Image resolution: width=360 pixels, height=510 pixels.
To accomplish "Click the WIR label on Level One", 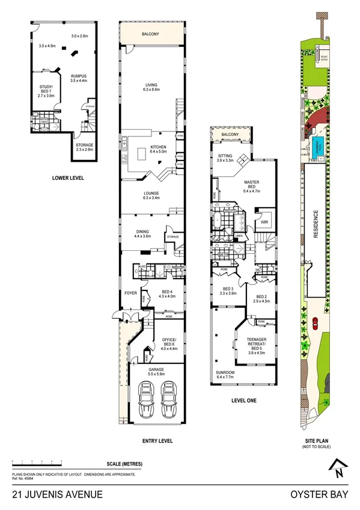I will pyautogui.click(x=264, y=222).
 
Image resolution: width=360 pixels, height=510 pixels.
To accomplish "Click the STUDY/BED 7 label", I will pyautogui.click(x=46, y=90).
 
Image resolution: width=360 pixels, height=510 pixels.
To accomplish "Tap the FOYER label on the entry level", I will pyautogui.click(x=131, y=293).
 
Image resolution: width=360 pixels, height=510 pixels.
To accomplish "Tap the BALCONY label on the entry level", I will pyautogui.click(x=151, y=34).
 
